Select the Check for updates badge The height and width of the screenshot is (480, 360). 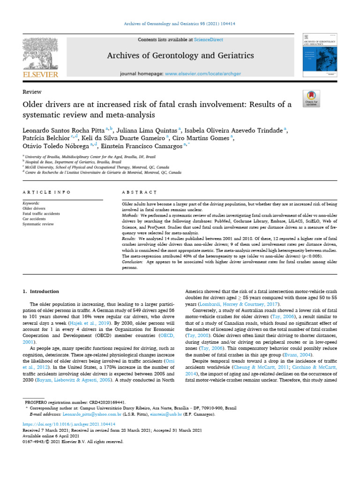tap(312, 98)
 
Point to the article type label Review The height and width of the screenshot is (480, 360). tap(32, 92)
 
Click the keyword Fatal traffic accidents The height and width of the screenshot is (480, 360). tap(41, 214)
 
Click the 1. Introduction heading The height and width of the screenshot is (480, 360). tap(41, 292)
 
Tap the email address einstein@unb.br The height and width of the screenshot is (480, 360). tap(164, 415)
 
